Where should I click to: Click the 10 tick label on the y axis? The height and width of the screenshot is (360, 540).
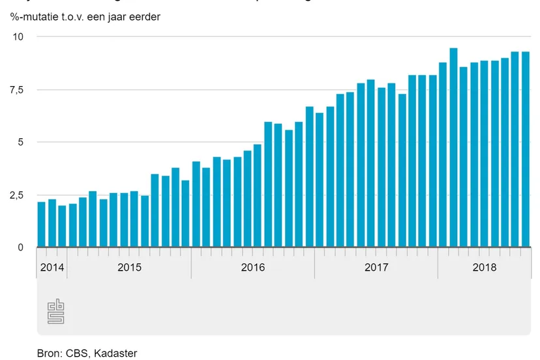(x=18, y=37)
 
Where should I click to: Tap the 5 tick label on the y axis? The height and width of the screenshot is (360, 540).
(x=20, y=142)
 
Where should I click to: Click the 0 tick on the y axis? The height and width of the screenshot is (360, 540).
(x=20, y=248)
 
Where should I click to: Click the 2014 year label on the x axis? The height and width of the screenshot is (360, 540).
(x=52, y=267)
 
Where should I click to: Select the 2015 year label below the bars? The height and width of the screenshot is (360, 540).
(x=128, y=267)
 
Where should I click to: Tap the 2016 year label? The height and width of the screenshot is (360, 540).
(x=252, y=267)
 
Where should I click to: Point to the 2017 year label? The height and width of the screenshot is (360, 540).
(x=376, y=267)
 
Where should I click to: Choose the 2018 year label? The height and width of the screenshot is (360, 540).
(x=484, y=267)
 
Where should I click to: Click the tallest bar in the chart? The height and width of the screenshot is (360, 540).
(x=453, y=147)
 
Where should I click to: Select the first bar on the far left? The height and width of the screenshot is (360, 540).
(x=41, y=224)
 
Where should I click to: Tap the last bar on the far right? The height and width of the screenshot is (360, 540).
(x=525, y=149)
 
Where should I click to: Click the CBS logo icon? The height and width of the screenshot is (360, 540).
(x=55, y=311)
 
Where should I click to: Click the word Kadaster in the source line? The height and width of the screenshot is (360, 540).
(x=115, y=353)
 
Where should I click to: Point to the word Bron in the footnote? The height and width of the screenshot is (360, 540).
(x=48, y=353)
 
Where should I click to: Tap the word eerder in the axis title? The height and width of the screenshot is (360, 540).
(x=144, y=16)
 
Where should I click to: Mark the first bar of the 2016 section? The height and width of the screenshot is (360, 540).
(x=196, y=204)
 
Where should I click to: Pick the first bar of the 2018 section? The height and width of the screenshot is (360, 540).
(x=443, y=155)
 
